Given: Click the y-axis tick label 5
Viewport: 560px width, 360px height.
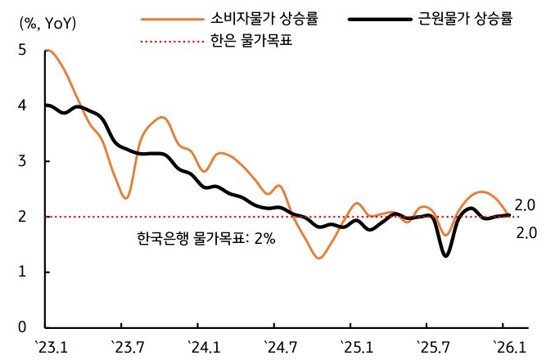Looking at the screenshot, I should click(24, 51).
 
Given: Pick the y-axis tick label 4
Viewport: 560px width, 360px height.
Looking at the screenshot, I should click(24, 106).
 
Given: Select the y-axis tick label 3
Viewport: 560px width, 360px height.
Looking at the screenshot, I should click(24, 161).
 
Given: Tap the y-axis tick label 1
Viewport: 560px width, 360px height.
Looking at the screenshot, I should click(24, 272).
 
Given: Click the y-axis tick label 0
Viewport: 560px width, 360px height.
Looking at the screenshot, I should click(24, 327).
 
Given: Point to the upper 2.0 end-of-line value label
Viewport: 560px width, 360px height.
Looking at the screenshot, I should click(525, 205).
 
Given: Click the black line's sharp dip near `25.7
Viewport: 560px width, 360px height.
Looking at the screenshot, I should click(445, 255).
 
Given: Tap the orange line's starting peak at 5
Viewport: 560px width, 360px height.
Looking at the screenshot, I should click(49, 51).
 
